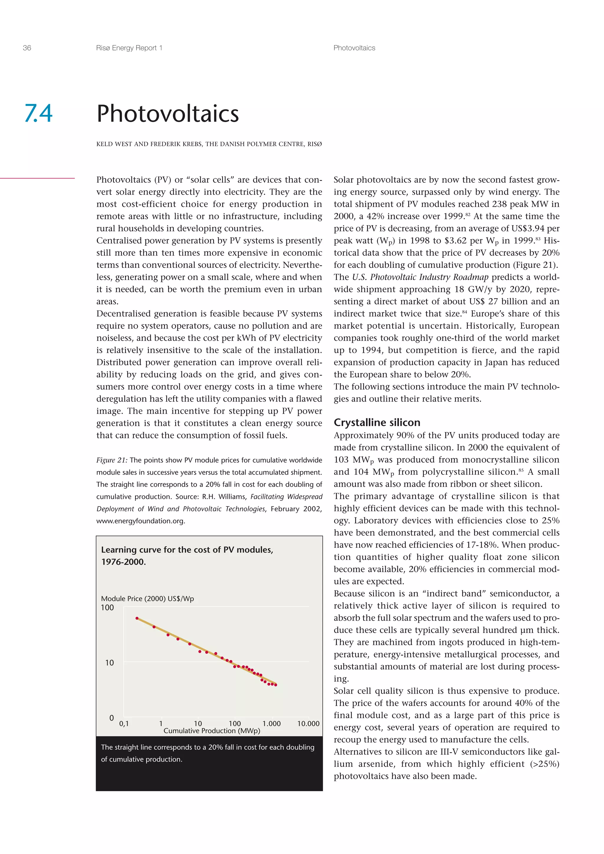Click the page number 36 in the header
[27, 48]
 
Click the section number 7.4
[38, 113]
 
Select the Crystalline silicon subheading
[377, 423]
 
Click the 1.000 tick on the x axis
[271, 723]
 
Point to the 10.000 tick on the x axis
[308, 723]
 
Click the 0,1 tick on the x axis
[124, 723]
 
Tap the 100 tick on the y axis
[107, 607]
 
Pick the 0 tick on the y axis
[111, 718]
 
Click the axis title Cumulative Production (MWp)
[212, 731]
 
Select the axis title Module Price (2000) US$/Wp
[147, 599]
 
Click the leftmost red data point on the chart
[137, 618]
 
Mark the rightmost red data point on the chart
[275, 685]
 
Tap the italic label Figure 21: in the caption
[112, 460]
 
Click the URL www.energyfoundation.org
[140, 521]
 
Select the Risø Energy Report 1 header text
[129, 48]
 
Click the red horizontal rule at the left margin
[37, 178]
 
